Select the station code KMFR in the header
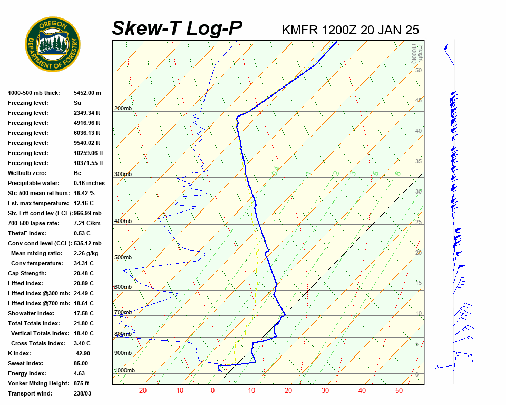[x=300, y=30]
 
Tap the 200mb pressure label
[x=123, y=109]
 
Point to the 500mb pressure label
[x=123, y=257]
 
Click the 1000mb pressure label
[x=124, y=371]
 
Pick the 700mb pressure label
[x=123, y=313]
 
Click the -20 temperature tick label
[x=142, y=391]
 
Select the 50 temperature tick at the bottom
[x=398, y=391]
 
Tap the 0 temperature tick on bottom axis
[x=212, y=391]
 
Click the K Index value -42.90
[x=82, y=353]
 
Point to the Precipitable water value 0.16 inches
[x=89, y=183]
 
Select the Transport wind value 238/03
[x=84, y=393]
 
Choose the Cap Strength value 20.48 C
[x=83, y=273]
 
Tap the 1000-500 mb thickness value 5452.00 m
[x=87, y=93]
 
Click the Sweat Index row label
[x=25, y=363]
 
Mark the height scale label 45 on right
[x=419, y=101]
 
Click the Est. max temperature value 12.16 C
[x=83, y=203]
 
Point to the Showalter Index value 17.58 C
[x=83, y=313]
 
